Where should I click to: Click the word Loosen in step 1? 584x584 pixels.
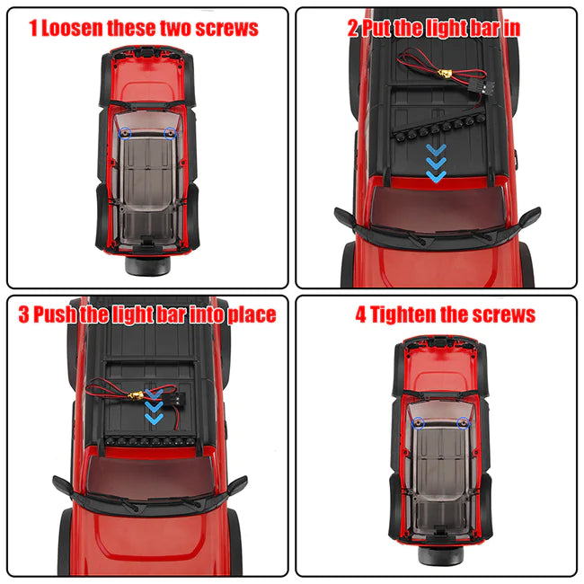[72, 29]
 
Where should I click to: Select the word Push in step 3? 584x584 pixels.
[55, 314]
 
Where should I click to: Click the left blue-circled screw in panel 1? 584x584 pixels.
[125, 133]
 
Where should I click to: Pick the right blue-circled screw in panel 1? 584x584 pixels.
[170, 133]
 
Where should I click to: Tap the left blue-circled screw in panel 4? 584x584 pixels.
[419, 423]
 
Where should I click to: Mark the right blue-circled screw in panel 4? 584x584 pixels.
[464, 423]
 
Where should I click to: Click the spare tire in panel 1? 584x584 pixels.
[147, 265]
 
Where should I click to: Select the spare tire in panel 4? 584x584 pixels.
[440, 555]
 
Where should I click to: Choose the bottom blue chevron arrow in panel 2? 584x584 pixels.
[436, 176]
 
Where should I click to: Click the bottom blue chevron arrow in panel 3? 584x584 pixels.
[154, 419]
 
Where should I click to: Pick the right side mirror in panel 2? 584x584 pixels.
[529, 217]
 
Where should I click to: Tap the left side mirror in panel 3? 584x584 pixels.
[63, 486]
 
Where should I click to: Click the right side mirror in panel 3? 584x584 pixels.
[237, 485]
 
